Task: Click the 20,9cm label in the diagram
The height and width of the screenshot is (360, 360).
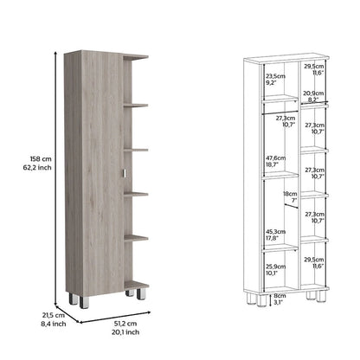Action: point(312,94)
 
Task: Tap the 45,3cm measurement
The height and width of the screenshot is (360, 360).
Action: point(276,231)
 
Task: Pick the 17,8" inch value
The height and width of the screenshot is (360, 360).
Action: point(276,238)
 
